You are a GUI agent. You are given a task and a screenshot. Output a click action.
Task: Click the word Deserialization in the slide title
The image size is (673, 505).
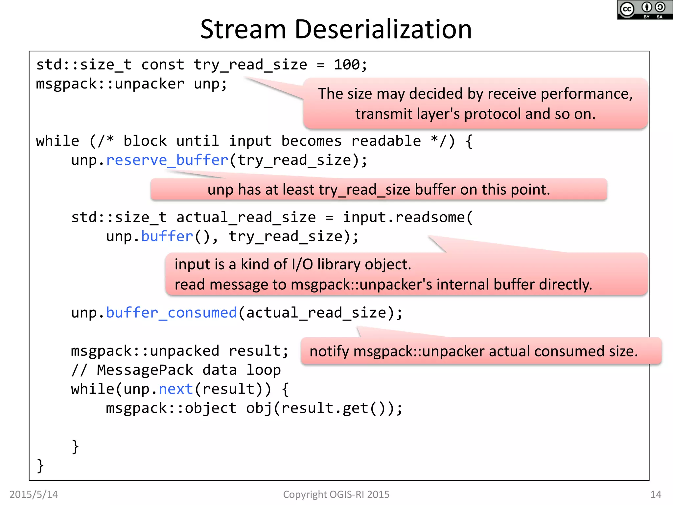pos(383,30)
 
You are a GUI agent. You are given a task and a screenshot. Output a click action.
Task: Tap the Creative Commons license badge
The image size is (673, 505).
pos(645,10)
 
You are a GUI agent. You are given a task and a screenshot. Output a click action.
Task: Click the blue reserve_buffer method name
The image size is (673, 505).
pos(167,160)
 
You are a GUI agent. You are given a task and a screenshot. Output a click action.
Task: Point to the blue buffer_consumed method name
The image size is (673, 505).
pos(171,313)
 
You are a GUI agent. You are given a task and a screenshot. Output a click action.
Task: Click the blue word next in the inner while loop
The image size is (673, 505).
pos(176,389)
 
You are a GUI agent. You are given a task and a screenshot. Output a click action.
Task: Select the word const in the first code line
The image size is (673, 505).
pos(163,65)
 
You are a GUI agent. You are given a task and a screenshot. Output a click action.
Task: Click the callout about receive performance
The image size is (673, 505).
pos(475,104)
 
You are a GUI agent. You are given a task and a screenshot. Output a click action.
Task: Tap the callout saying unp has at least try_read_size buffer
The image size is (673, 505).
pos(379,190)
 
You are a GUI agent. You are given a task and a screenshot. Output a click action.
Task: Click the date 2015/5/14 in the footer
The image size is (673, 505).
pos(34,494)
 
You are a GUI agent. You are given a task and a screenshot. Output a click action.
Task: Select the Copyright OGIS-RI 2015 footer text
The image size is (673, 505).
pos(336,494)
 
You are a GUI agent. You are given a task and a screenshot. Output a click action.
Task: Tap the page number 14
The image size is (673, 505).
pos(656,494)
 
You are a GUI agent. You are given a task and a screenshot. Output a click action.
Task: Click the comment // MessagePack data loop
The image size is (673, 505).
pos(176,370)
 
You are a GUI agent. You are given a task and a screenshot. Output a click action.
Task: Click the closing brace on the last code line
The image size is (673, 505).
pos(40,466)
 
